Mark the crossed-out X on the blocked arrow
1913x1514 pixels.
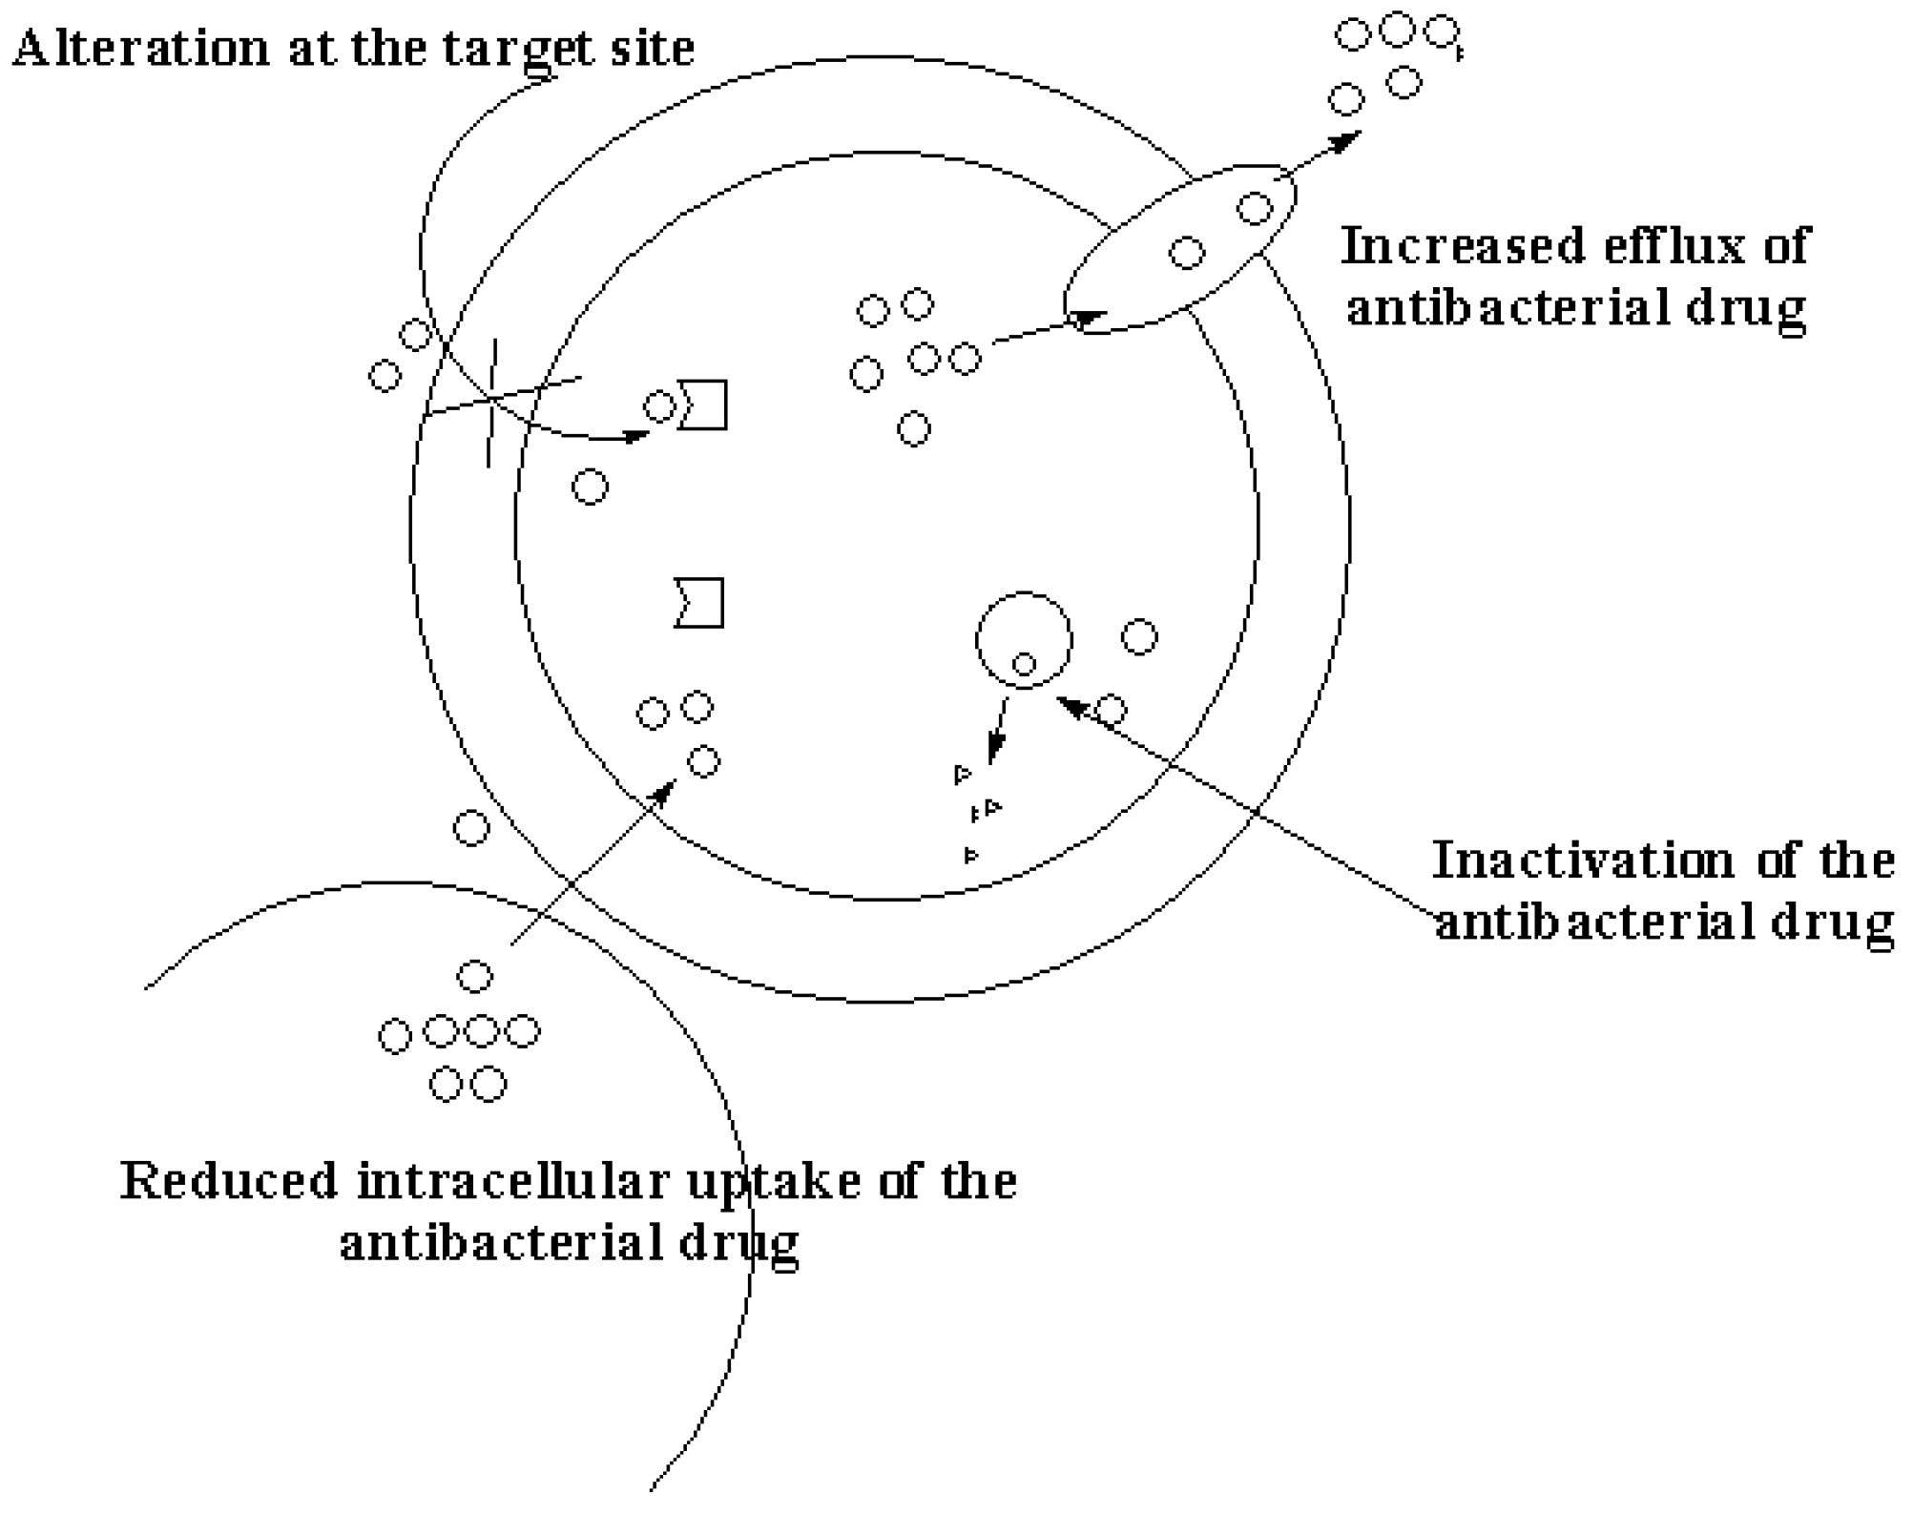tap(492, 399)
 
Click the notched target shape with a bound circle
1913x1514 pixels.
tap(704, 404)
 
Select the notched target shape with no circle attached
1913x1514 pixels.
tap(700, 603)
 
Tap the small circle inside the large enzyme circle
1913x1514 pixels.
tap(1024, 664)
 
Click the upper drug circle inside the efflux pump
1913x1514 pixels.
tap(1255, 208)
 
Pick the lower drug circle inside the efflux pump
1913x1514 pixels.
tap(1187, 253)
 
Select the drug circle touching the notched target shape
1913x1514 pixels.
tap(659, 406)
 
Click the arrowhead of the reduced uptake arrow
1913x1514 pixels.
tap(664, 791)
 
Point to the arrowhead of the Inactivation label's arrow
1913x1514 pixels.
tap(1071, 705)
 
